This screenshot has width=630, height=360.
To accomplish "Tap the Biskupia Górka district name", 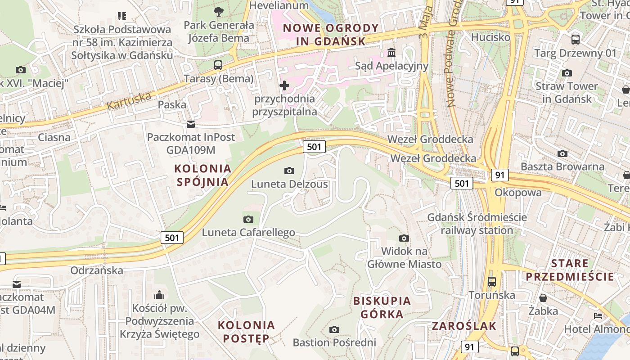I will pyautogui.click(x=382, y=307).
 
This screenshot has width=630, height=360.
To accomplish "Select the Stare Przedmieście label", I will pyautogui.click(x=570, y=270).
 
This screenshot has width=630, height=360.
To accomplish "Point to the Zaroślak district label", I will pyautogui.click(x=463, y=326).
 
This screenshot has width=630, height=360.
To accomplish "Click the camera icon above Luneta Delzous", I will pyautogui.click(x=289, y=171).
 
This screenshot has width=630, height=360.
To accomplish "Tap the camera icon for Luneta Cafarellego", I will pyautogui.click(x=248, y=219).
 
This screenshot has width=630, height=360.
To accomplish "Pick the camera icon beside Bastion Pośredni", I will pyautogui.click(x=334, y=329).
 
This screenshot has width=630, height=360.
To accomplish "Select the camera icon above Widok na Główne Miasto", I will pyautogui.click(x=404, y=238).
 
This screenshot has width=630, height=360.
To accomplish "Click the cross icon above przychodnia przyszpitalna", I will pyautogui.click(x=284, y=85).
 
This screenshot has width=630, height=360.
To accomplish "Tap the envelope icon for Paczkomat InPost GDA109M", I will pyautogui.click(x=191, y=124).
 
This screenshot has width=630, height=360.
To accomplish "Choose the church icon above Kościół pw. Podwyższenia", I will pyautogui.click(x=159, y=295).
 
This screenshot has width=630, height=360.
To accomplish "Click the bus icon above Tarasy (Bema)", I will pyautogui.click(x=218, y=65).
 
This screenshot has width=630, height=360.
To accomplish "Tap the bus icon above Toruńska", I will pyautogui.click(x=491, y=282).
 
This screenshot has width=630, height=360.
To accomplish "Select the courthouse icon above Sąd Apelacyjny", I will pyautogui.click(x=391, y=53).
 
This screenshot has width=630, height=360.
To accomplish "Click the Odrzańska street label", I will pyautogui.click(x=97, y=270).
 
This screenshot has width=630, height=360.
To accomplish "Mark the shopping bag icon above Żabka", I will pyautogui.click(x=543, y=298).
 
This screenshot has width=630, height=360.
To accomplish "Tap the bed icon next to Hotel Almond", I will pyautogui.click(x=598, y=316).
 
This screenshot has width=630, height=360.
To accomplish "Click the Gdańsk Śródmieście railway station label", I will pyautogui.click(x=477, y=224).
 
